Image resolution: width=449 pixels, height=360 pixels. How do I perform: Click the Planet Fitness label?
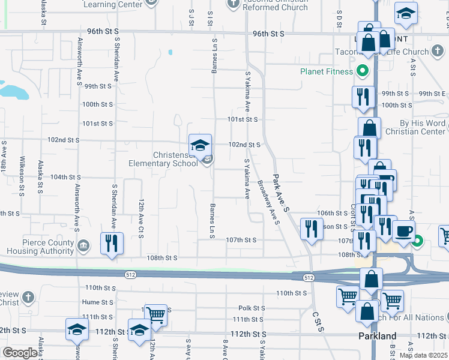point(327,73)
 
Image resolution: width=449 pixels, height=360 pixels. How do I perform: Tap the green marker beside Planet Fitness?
point(362,73)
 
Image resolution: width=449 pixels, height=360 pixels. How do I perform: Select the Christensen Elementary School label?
point(163,159)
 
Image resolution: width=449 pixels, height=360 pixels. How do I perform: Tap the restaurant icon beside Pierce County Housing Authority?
point(112,243)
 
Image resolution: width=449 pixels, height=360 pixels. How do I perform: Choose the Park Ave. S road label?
point(281,193)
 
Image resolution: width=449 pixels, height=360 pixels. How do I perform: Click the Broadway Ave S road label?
point(269,202)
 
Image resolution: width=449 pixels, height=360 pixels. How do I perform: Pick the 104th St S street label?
point(65,177)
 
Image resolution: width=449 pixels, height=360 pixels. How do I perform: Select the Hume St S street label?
point(98,302)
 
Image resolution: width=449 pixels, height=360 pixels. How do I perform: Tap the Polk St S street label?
point(252,307)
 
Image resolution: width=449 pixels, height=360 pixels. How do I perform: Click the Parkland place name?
point(378,335)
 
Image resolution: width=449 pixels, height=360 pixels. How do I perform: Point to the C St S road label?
point(318,322)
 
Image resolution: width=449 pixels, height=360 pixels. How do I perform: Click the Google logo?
point(20,353)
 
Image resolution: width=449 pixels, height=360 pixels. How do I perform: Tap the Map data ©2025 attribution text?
point(424,355)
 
